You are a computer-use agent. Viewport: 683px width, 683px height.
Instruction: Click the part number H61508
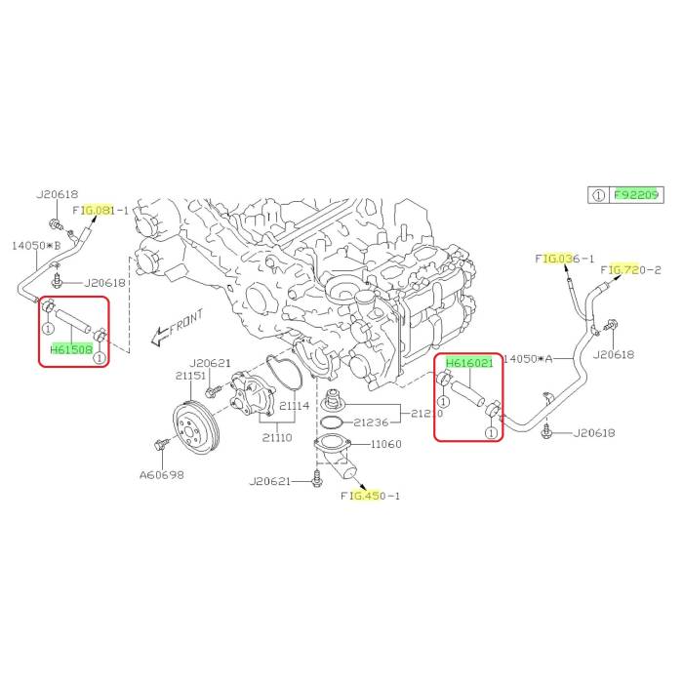[71, 349]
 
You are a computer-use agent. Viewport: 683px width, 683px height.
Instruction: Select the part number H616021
[469, 362]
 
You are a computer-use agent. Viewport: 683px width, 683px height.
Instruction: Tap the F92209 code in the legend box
[636, 195]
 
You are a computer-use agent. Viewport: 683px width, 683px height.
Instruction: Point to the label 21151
[190, 376]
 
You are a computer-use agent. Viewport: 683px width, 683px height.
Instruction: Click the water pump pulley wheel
[197, 429]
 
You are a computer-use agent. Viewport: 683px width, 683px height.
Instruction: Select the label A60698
[162, 474]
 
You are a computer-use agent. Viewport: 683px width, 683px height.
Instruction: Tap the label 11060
[386, 444]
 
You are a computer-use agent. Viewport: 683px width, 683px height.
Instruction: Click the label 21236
[371, 422]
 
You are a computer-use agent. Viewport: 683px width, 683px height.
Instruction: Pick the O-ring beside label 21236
[332, 422]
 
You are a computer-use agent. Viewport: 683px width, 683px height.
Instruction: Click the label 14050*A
[528, 358]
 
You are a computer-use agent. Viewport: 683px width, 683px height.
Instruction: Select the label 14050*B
[36, 245]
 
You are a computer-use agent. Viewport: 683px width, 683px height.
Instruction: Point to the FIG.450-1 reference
[370, 496]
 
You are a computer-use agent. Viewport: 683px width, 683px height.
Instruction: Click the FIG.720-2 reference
[630, 270]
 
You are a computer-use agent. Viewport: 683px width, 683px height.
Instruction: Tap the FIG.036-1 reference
[565, 259]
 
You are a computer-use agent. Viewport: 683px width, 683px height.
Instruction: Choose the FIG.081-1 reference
[100, 211]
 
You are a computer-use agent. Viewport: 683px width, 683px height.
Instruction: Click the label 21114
[294, 406]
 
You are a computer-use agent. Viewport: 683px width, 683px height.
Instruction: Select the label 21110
[277, 437]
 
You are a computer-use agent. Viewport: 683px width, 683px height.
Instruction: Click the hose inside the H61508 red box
[73, 321]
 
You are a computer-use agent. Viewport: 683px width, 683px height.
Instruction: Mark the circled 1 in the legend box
[599, 195]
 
